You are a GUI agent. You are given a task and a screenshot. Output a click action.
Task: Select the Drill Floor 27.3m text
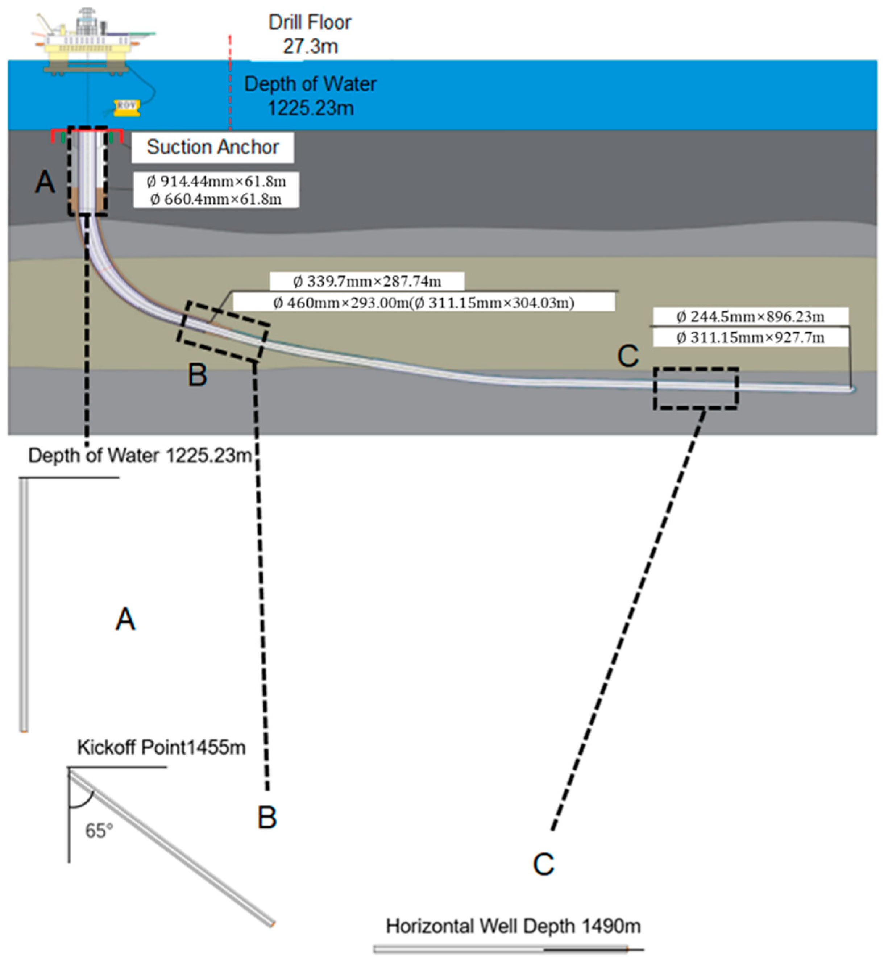310,34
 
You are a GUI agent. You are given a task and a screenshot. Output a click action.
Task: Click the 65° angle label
99,831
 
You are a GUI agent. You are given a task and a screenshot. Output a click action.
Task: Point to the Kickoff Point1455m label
161,747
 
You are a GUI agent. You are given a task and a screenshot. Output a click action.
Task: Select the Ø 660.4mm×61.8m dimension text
216,199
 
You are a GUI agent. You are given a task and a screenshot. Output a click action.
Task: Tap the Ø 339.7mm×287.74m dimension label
367,281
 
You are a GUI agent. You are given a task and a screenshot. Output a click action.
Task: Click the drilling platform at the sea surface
88,45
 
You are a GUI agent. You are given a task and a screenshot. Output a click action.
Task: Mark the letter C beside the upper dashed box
628,356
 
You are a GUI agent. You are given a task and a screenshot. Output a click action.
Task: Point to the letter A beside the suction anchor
45,182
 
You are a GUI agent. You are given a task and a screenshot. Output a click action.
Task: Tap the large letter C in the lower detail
543,864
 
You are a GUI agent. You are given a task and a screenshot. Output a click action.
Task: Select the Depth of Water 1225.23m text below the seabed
140,456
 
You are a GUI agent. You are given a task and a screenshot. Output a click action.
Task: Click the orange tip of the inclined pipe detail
273,924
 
